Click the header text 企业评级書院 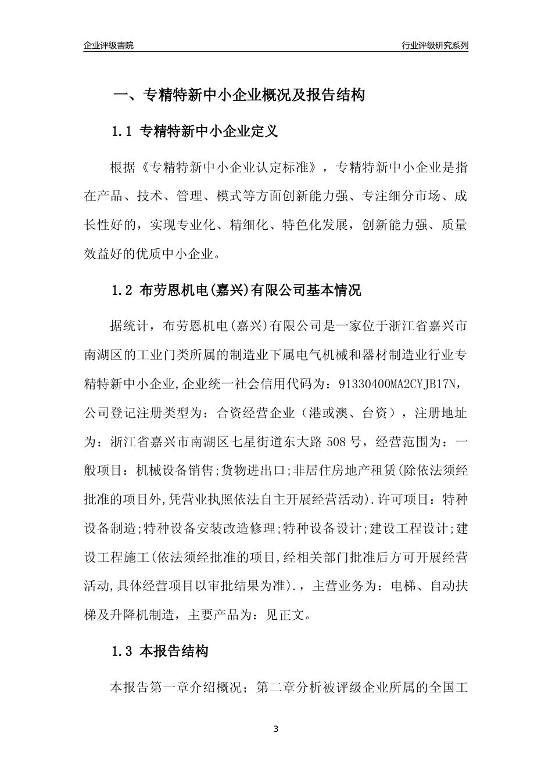point(109,45)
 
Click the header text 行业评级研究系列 point(435,45)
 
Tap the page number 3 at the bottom point(276,729)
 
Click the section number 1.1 point(122,132)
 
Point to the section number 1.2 point(122,290)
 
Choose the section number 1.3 point(122,652)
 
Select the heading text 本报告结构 point(174,652)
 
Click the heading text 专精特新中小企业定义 point(209,132)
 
